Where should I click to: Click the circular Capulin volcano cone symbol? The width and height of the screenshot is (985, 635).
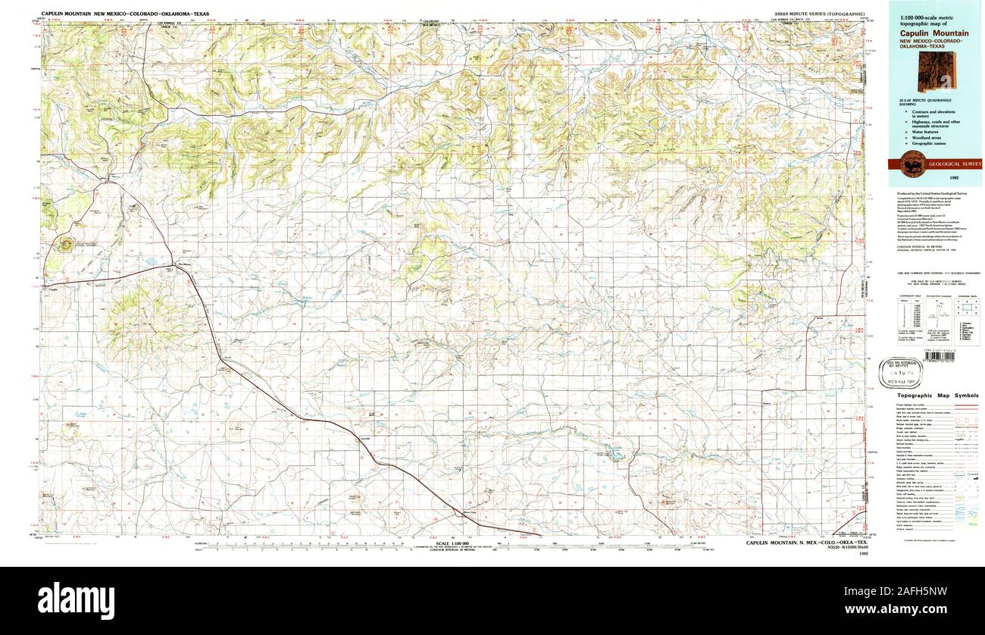click(x=65, y=244)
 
